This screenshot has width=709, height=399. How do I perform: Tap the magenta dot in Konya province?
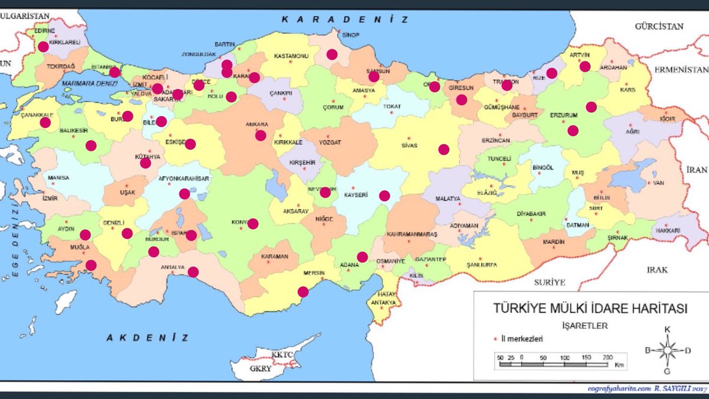click(x=253, y=223)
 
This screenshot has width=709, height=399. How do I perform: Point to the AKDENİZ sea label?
click(x=148, y=338)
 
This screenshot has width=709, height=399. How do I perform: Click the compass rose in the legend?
click(x=667, y=350)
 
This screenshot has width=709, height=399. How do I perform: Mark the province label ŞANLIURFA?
click(x=480, y=264)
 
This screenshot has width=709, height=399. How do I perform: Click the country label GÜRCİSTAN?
click(x=659, y=27)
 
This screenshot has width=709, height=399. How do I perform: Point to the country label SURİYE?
click(x=549, y=282)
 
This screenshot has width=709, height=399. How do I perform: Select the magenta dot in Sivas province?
click(x=444, y=150)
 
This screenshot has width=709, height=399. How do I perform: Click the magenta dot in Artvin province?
click(x=585, y=67)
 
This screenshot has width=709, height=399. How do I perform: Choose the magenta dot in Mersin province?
click(x=303, y=291)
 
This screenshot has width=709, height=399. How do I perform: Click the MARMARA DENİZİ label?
click(x=89, y=85)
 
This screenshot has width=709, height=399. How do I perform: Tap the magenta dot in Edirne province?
click(x=43, y=47)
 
